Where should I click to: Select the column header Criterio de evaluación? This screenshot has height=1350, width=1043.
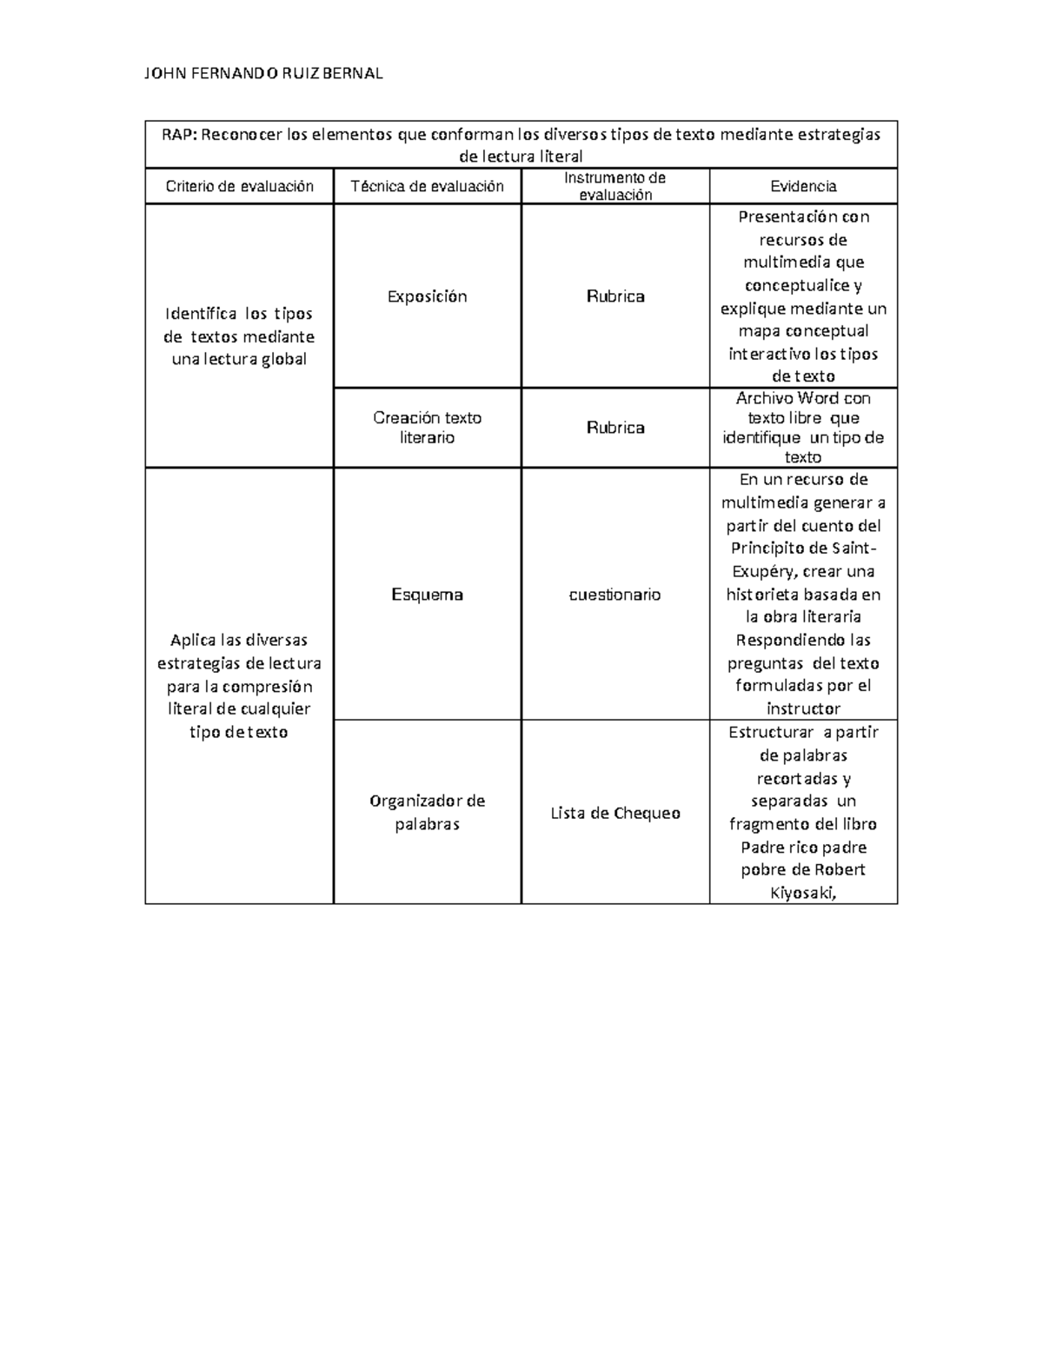pos(239,186)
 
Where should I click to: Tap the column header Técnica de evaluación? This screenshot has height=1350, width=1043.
pos(427,186)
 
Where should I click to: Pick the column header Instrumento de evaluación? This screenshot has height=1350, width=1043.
pos(615,186)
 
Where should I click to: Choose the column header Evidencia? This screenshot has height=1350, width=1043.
pos(803,186)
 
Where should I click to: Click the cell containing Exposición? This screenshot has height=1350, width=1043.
pos(427,296)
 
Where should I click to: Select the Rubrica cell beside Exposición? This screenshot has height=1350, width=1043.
pos(615,296)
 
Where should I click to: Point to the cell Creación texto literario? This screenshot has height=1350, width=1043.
pos(427,428)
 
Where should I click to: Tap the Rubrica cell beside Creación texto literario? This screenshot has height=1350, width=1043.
pos(615,428)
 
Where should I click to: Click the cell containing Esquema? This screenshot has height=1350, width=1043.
pos(427,595)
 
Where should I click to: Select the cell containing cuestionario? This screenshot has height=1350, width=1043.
pos(615,595)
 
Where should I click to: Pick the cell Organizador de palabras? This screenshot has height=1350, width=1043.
pos(427,812)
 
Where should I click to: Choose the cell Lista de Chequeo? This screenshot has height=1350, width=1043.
pos(615,814)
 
